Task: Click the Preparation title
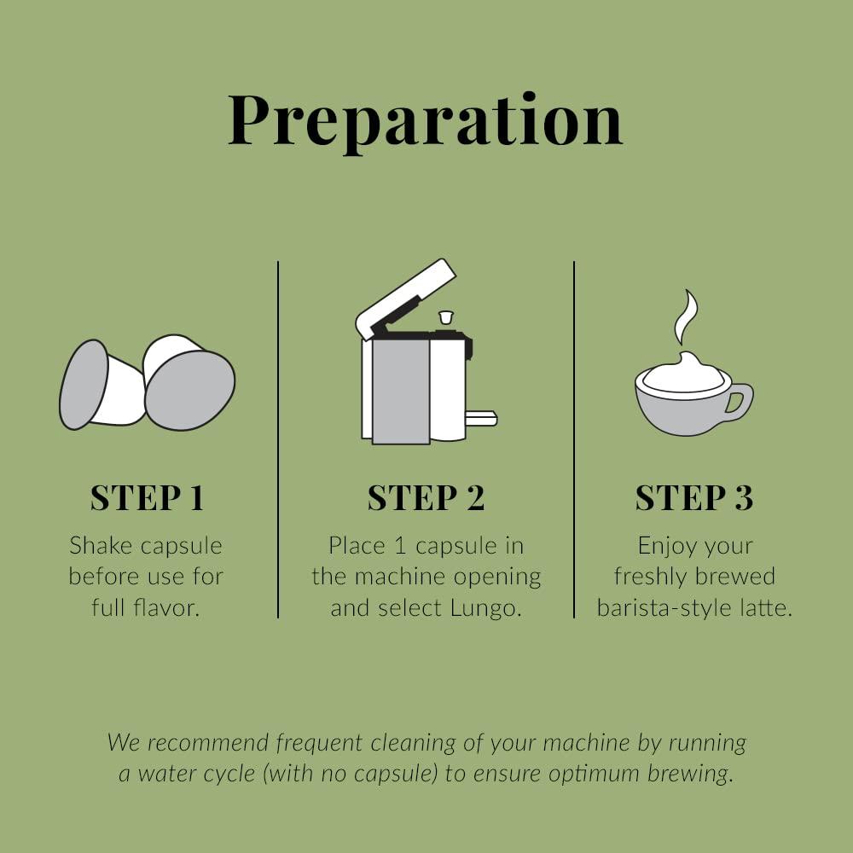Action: tap(426, 121)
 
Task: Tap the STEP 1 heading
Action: tap(147, 497)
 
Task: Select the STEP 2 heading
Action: tap(426, 497)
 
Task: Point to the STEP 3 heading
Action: tap(694, 497)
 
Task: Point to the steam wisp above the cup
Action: tap(686, 317)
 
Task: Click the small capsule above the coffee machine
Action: tap(445, 317)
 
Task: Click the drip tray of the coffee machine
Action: tap(481, 418)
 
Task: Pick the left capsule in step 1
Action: tap(102, 385)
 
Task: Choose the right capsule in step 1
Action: tap(189, 382)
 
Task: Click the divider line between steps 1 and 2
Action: tap(278, 439)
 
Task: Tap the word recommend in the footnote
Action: tap(208, 743)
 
